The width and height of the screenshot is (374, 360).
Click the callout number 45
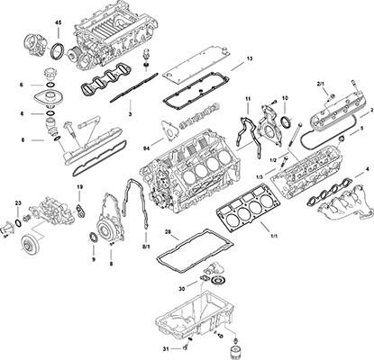pos(59,22)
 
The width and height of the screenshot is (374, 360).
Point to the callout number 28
pos(168,232)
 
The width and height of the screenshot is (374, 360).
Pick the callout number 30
pos(181,289)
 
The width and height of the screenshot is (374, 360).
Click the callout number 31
pos(165,347)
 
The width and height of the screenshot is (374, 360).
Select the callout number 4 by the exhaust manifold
pos(366,168)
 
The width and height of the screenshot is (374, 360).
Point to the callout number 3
pos(130,114)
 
